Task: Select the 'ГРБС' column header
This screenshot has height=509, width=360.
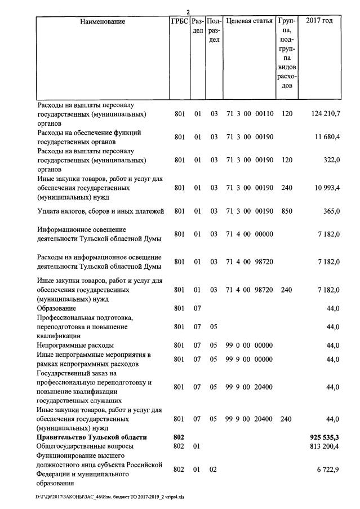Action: click(179, 22)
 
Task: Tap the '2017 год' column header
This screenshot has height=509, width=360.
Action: click(319, 22)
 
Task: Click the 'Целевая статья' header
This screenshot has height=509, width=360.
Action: click(249, 22)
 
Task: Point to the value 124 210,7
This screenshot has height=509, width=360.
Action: click(325, 114)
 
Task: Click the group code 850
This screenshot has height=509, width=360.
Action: click(287, 211)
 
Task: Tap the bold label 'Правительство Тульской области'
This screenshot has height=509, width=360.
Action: click(92, 437)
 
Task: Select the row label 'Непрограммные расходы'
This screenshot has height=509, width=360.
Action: click(75, 345)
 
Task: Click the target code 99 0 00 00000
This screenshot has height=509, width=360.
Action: click(250, 345)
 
